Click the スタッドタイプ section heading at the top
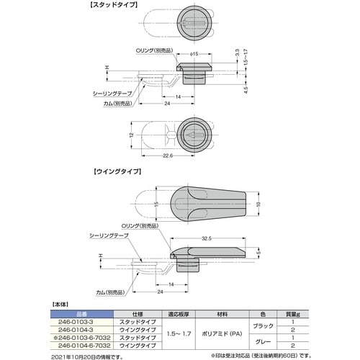114,5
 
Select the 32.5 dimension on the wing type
205,238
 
